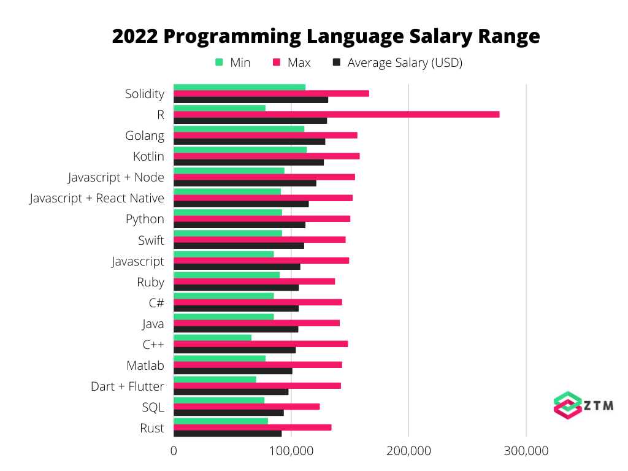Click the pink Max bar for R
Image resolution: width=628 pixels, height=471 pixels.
336,114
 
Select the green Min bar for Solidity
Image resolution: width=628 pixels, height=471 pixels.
239,87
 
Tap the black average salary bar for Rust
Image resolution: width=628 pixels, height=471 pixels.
228,434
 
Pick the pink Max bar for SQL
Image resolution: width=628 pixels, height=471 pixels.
247,406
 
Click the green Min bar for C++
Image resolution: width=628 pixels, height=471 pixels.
212,337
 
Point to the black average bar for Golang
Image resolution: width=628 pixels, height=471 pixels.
249,142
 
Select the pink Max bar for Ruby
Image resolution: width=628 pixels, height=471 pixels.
254,281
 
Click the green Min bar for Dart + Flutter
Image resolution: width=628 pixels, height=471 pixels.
215,379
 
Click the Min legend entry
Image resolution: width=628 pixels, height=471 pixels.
233,63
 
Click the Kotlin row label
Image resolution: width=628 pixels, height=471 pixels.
148,156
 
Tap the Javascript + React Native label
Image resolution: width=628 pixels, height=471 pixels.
97,198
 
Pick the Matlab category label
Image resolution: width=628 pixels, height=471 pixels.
145,366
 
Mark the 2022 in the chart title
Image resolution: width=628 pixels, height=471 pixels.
134,36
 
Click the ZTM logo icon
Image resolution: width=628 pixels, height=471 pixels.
567,405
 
